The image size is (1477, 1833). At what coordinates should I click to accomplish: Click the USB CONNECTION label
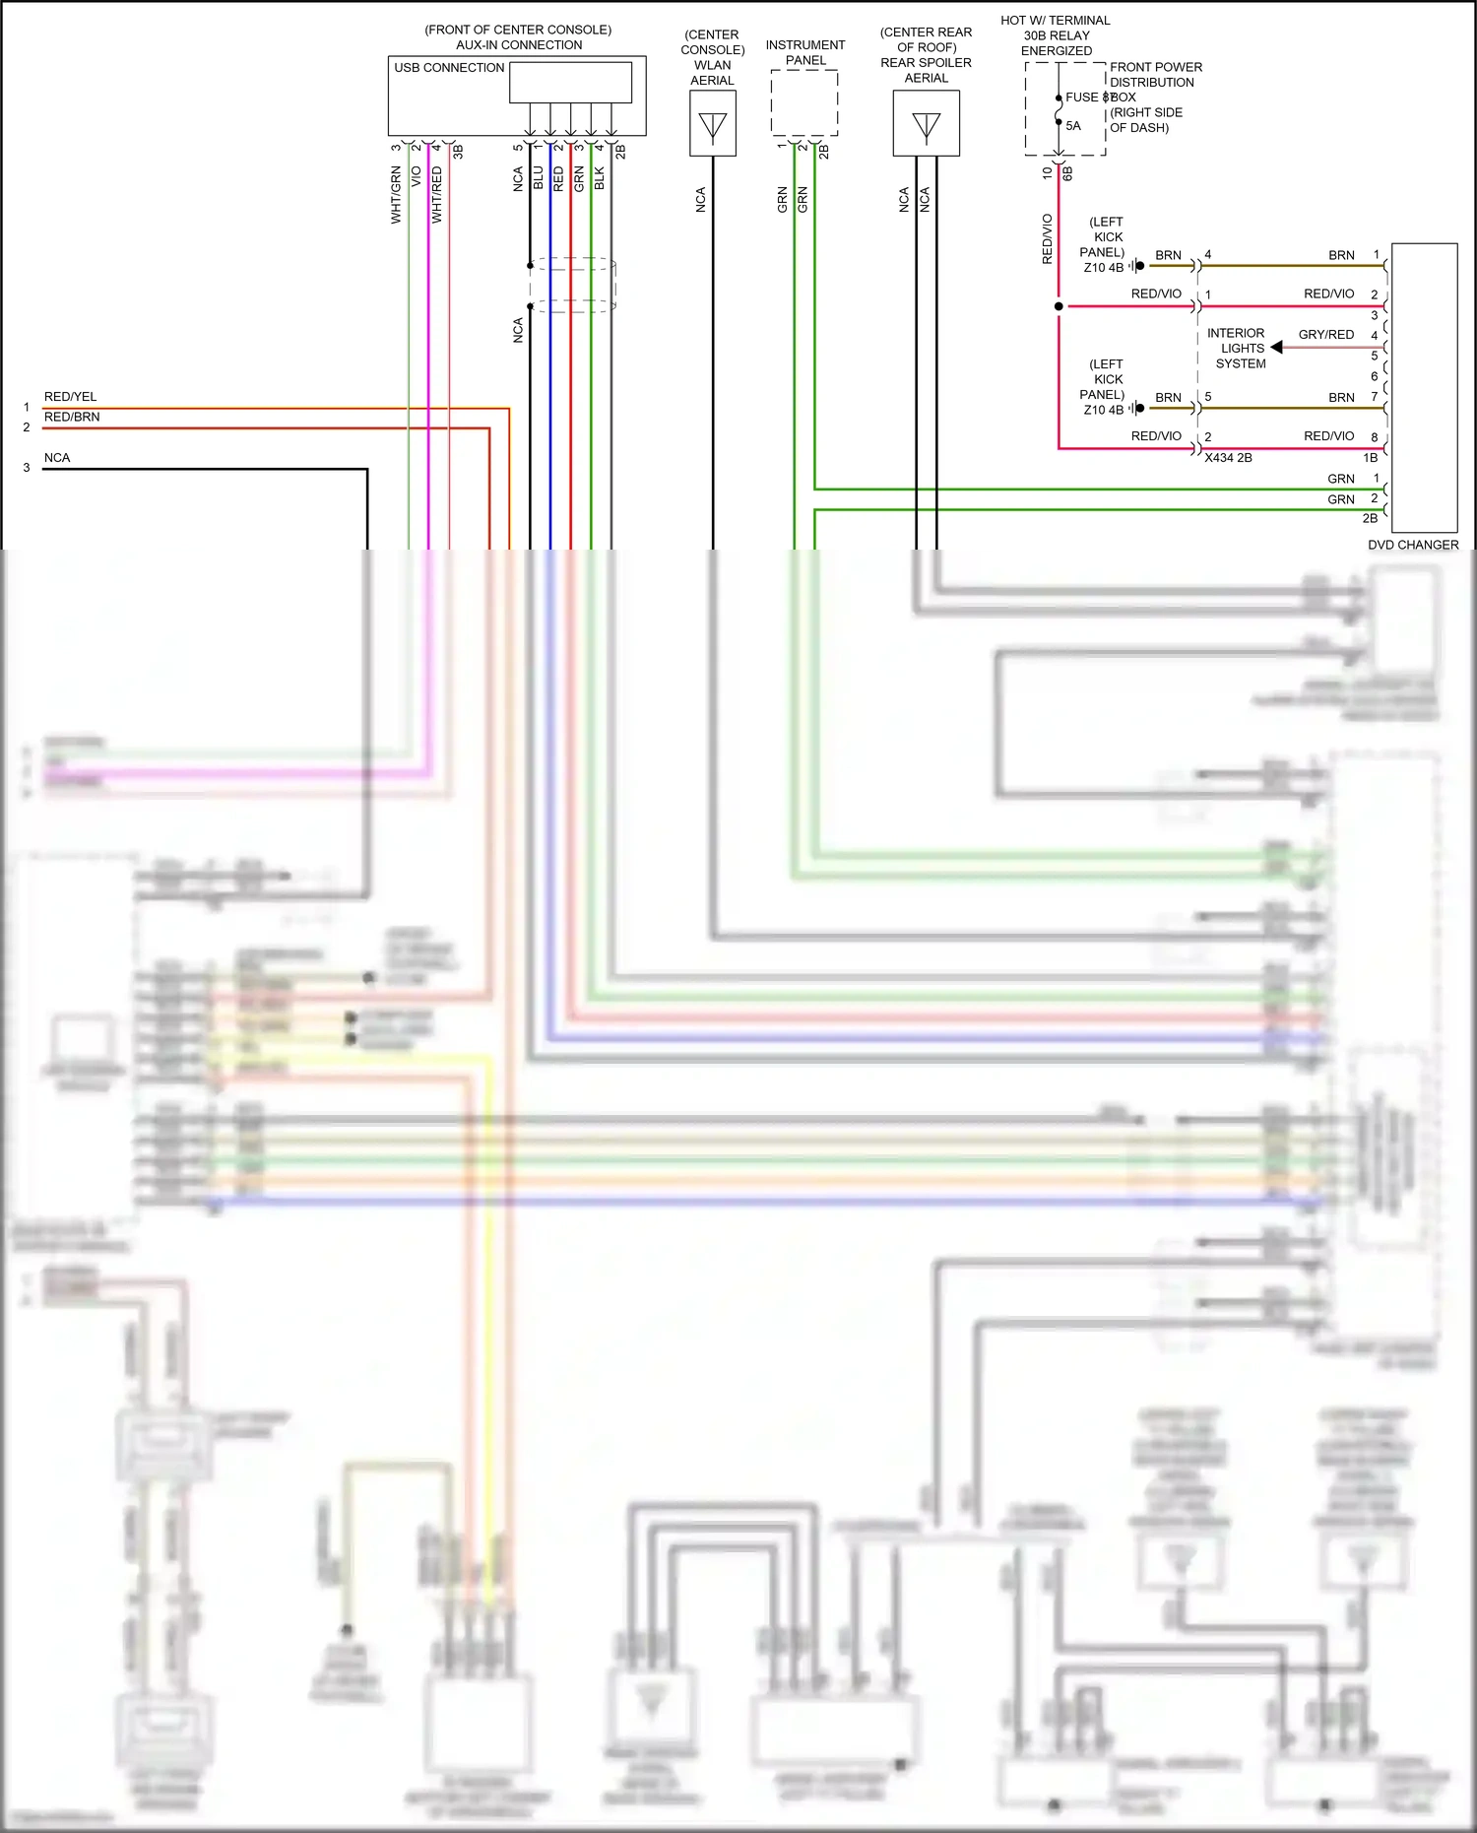point(449,68)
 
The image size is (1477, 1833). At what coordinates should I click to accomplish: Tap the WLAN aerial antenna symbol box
point(712,124)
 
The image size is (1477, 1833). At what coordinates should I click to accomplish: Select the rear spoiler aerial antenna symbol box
point(926,124)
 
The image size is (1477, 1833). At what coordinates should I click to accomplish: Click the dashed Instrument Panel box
point(804,102)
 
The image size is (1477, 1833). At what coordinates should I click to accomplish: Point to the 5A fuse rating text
point(1073,126)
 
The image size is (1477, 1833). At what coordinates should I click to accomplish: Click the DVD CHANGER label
point(1412,545)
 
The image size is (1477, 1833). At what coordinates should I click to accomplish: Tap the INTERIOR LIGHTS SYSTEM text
point(1238,349)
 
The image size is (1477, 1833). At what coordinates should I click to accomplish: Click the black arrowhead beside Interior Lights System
point(1277,348)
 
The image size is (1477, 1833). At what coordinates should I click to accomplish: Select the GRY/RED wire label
point(1325,335)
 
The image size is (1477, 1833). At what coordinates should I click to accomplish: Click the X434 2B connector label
point(1228,458)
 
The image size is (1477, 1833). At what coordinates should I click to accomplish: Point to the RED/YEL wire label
point(70,397)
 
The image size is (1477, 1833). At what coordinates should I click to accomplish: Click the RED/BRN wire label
point(72,417)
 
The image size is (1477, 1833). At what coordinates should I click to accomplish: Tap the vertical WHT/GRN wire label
point(396,194)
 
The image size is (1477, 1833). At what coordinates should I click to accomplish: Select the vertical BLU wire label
point(538,178)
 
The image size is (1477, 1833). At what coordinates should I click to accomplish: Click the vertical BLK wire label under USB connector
point(600,178)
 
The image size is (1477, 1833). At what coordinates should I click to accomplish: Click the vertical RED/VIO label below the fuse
point(1047,238)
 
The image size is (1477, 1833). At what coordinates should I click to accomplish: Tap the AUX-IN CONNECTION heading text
point(519,45)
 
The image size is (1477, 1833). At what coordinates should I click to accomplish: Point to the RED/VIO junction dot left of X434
point(1059,306)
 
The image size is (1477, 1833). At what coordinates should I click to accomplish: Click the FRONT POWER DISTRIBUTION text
point(1155,75)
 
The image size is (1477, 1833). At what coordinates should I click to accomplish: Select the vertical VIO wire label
point(416,177)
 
